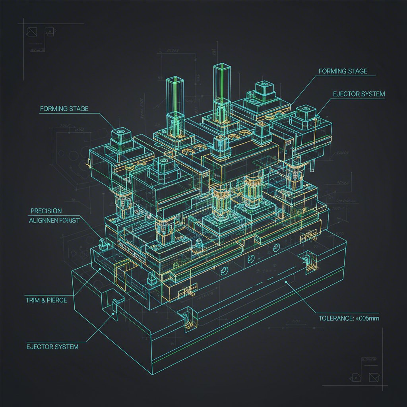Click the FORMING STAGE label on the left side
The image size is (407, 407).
click(x=64, y=109)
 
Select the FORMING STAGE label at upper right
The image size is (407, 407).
click(x=343, y=72)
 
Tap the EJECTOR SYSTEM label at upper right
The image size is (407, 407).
click(x=359, y=94)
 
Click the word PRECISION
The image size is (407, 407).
click(x=46, y=211)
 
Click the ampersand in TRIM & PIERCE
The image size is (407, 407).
click(x=42, y=300)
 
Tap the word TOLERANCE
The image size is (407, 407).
click(x=336, y=318)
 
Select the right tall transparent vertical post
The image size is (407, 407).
click(x=222, y=85)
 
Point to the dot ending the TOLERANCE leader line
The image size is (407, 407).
click(x=286, y=281)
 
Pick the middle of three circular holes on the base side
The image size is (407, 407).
click(x=251, y=260)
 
